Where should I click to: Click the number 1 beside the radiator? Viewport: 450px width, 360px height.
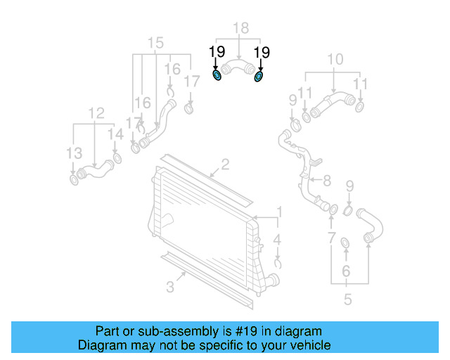(278, 212)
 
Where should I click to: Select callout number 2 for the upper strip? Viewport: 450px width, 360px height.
(225, 165)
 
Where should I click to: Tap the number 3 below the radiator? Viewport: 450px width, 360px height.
(170, 286)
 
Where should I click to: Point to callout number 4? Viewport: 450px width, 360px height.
(278, 240)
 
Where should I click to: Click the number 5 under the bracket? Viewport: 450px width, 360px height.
(347, 300)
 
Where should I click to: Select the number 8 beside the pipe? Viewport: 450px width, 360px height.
(326, 181)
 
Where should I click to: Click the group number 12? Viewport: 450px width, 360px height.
(96, 112)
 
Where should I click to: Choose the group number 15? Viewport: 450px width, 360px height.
(155, 42)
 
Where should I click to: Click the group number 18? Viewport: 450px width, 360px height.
(240, 28)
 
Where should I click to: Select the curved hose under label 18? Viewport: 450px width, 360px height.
(238, 69)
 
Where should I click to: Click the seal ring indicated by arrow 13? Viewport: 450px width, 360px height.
(74, 181)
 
